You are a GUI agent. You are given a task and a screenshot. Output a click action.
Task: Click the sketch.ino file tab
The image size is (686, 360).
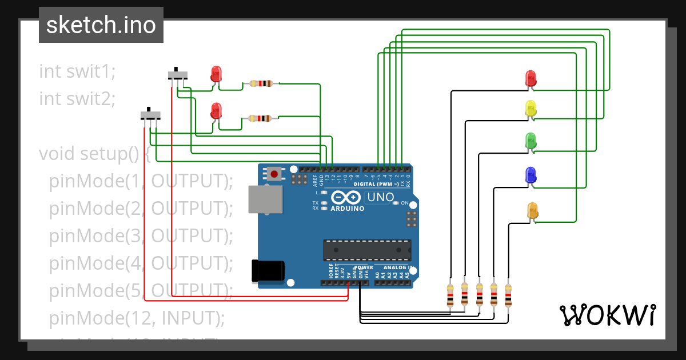(101, 25)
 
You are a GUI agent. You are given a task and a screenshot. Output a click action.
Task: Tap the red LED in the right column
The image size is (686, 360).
(531, 79)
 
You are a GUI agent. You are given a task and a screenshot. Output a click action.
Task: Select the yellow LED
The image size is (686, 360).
(531, 109)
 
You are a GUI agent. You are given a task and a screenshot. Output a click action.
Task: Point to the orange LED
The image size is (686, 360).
(532, 210)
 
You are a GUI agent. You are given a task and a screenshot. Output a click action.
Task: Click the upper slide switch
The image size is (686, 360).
(178, 74)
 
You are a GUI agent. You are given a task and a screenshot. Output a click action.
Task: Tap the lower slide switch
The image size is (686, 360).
(151, 115)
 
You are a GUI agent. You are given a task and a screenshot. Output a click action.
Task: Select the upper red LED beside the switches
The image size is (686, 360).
(216, 74)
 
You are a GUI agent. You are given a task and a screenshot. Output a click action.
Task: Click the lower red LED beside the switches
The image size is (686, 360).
(216, 111)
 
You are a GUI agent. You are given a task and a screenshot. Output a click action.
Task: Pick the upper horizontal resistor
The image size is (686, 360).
(261, 83)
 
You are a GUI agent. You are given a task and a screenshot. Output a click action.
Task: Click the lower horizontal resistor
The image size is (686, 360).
(261, 119)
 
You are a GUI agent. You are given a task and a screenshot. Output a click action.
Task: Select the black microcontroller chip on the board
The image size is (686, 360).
(366, 249)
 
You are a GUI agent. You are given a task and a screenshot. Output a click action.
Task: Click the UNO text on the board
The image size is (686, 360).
(380, 198)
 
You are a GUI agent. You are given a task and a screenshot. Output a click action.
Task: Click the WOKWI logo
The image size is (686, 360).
(607, 315)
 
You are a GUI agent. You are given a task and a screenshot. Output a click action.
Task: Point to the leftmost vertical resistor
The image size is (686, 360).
(450, 295)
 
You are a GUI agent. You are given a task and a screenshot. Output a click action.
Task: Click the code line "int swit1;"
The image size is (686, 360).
(77, 71)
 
